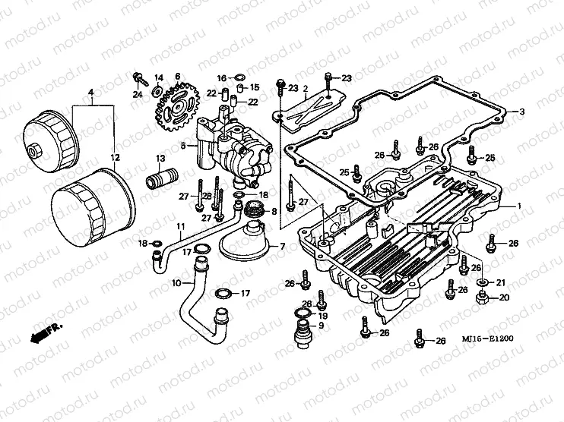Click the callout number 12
coord(116,158)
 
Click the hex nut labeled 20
coord(482,297)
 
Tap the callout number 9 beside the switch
coord(322,326)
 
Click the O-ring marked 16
coord(237,77)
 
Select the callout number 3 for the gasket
coord(522,112)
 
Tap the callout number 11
coord(181,227)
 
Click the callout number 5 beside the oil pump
coord(183,144)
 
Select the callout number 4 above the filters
coord(91,93)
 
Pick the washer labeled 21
coord(483,283)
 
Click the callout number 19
coord(322,315)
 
